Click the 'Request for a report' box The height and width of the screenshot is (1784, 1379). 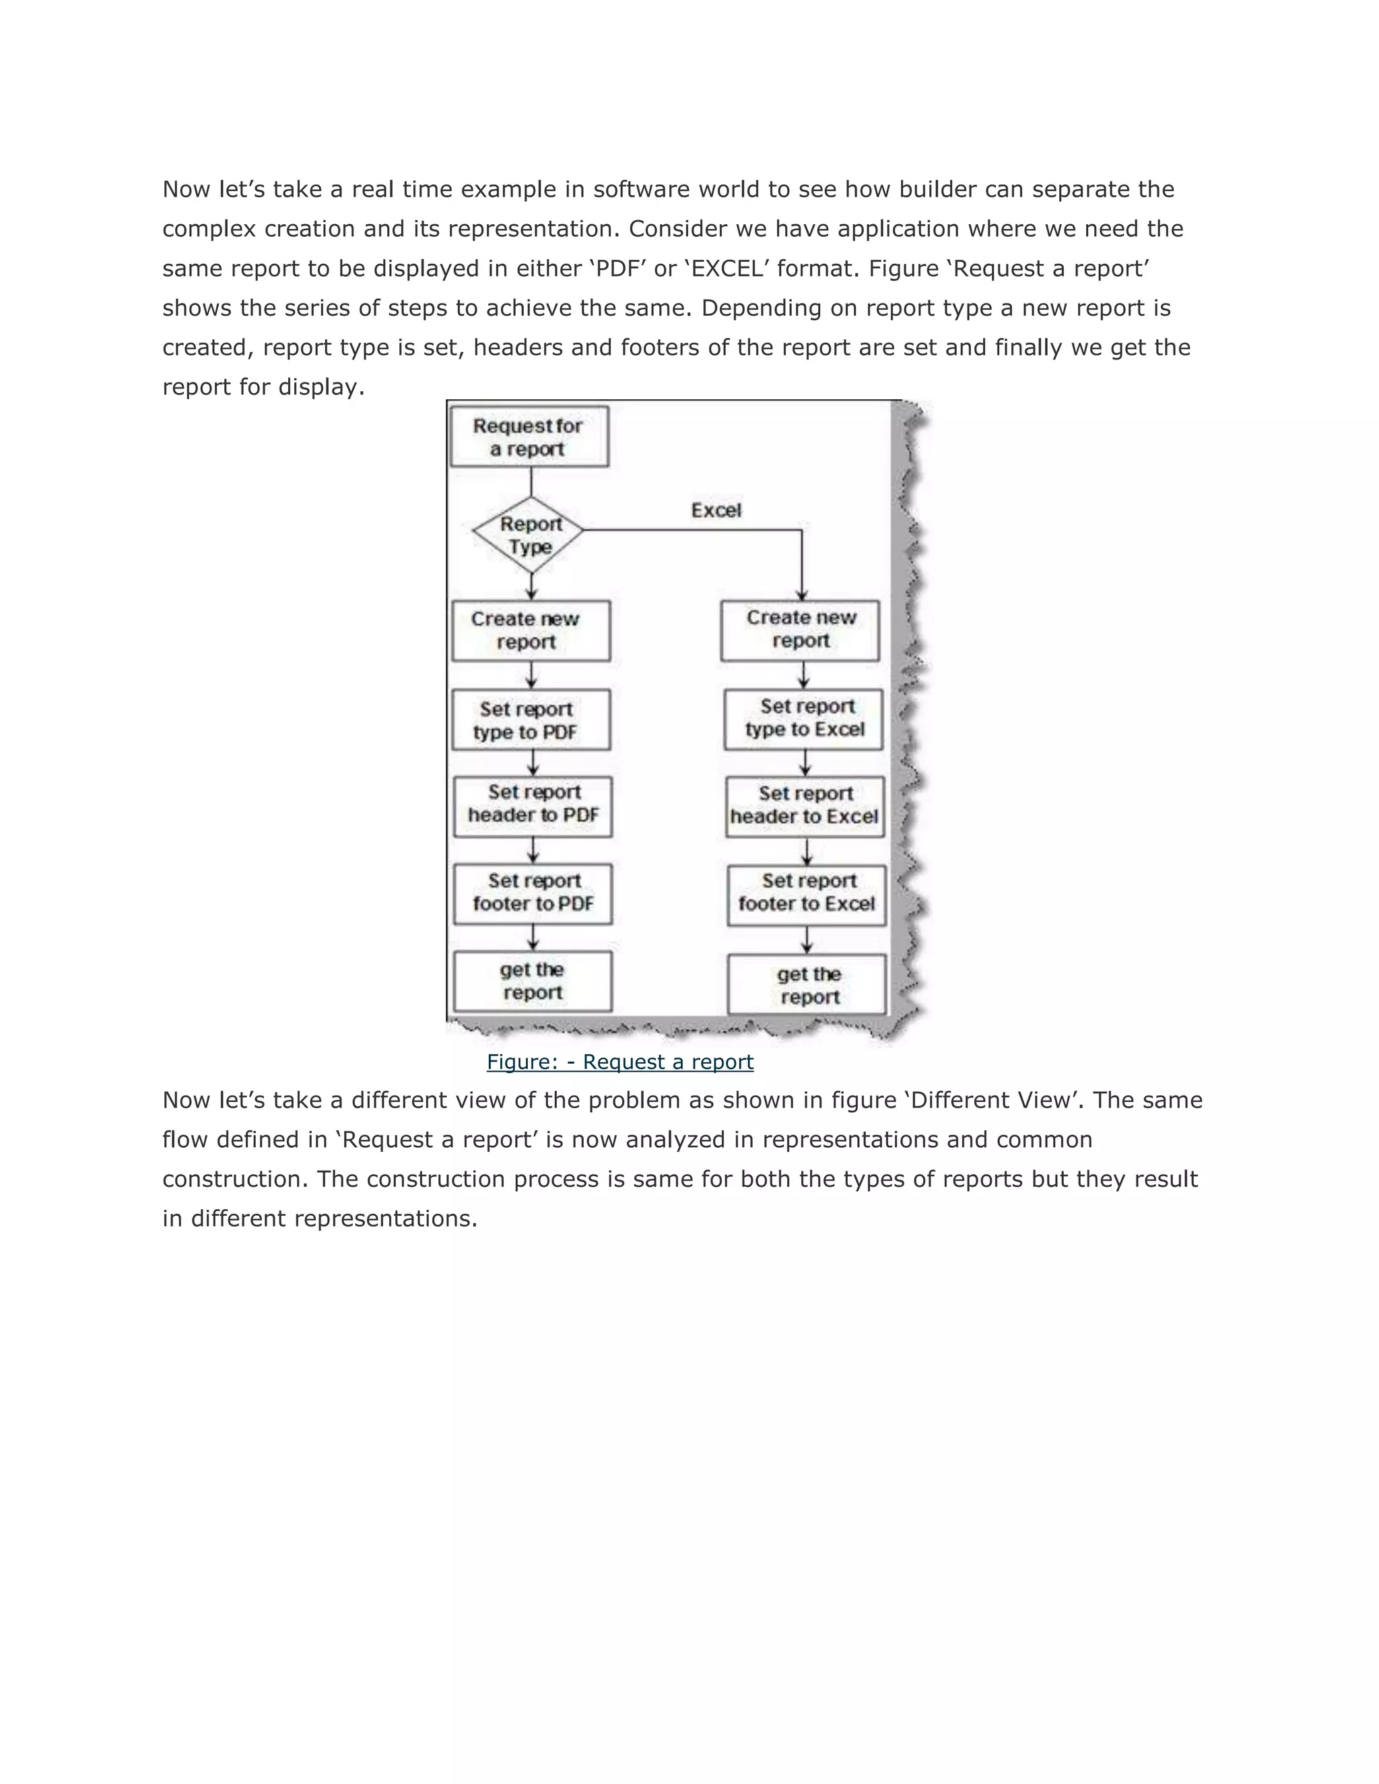pyautogui.click(x=529, y=437)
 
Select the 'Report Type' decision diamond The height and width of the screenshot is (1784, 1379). pyautogui.click(x=530, y=535)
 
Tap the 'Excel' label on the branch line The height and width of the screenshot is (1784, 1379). pyautogui.click(x=716, y=510)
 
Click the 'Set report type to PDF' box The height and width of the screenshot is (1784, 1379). pyautogui.click(x=531, y=720)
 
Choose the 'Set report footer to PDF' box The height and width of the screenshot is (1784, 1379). pyautogui.click(x=533, y=893)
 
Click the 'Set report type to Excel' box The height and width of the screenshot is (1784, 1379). pyautogui.click(x=803, y=719)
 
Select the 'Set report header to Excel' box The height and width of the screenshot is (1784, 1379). pyautogui.click(x=805, y=807)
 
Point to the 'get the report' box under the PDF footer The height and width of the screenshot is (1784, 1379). pyautogui.click(x=533, y=981)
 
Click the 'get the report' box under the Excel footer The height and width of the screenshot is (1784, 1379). pyautogui.click(x=807, y=985)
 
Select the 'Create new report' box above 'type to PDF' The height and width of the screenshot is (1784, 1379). pyautogui.click(x=531, y=631)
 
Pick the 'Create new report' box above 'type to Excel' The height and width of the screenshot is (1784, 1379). pyautogui.click(x=800, y=631)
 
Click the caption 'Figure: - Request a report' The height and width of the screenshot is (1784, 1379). pyautogui.click(x=619, y=1062)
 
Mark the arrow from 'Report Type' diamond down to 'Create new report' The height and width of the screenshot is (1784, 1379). pyautogui.click(x=532, y=586)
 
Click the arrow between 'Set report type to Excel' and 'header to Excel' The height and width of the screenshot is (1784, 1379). pyautogui.click(x=805, y=763)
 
